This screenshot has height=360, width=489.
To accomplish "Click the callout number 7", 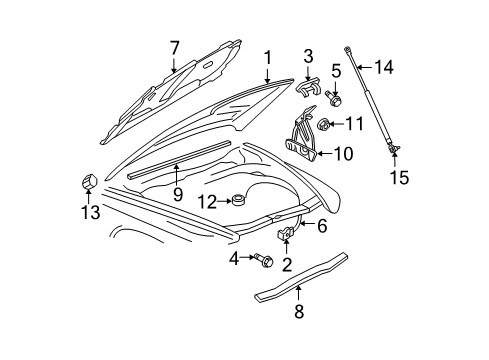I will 175,47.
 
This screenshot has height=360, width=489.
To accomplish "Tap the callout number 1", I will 267,58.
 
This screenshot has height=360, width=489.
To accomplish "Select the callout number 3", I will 309,54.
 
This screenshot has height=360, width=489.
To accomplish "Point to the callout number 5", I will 337,70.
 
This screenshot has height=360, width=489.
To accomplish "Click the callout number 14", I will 385,68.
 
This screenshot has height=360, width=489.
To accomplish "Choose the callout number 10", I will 343,154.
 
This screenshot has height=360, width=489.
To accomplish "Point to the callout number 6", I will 322,226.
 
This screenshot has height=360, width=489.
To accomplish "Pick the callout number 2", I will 287,266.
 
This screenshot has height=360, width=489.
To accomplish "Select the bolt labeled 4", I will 263,261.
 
